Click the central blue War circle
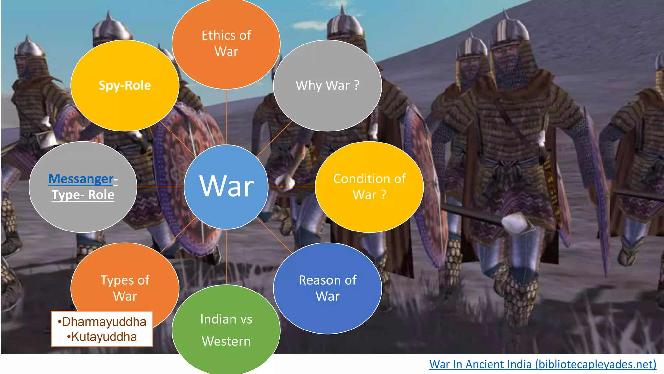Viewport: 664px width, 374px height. click(226, 187)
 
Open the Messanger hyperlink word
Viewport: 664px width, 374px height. click(81, 179)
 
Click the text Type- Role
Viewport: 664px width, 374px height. click(83, 195)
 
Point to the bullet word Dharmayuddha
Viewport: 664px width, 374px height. click(104, 322)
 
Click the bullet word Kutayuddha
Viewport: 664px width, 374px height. click(104, 337)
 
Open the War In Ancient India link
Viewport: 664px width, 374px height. click(542, 364)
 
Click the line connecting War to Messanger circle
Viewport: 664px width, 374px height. click(160, 187)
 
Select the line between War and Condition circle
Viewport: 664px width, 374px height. click(292, 187)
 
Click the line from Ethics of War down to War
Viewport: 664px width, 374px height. click(226, 117)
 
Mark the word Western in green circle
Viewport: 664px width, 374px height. click(226, 341)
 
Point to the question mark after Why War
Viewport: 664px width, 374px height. click(357, 85)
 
